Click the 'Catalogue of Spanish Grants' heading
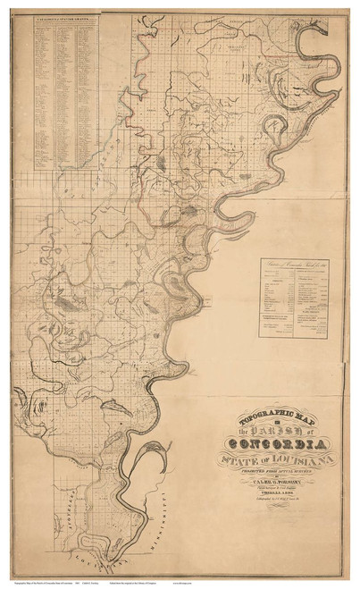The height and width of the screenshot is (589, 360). [66, 18]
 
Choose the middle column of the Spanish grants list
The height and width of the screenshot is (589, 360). [67, 89]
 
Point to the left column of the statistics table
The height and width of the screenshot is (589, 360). [278, 304]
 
